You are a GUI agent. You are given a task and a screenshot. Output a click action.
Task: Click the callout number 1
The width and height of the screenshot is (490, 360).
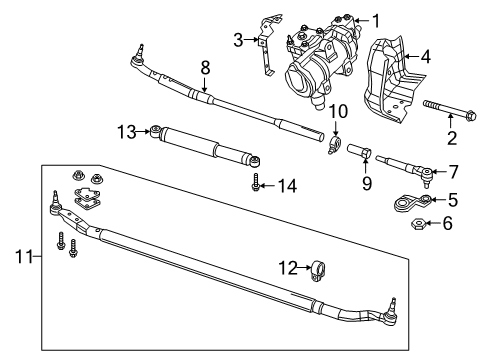coord(376,19)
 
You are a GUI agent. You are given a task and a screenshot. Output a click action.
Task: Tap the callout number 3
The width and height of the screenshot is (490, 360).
coord(238,39)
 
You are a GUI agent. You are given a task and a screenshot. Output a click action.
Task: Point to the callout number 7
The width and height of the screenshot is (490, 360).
coord(454,172)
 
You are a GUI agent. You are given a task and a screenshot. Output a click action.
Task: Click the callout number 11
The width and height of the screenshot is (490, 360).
coord(23,257)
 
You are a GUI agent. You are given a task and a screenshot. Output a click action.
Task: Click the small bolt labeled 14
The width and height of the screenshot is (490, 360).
coord(258,185)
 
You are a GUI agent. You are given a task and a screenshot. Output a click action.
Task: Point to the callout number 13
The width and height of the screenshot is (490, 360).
coord(125,130)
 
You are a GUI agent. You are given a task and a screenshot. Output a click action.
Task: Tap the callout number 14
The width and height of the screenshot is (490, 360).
coord(288,185)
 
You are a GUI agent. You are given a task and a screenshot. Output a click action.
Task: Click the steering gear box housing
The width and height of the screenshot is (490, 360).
coord(325,60)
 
